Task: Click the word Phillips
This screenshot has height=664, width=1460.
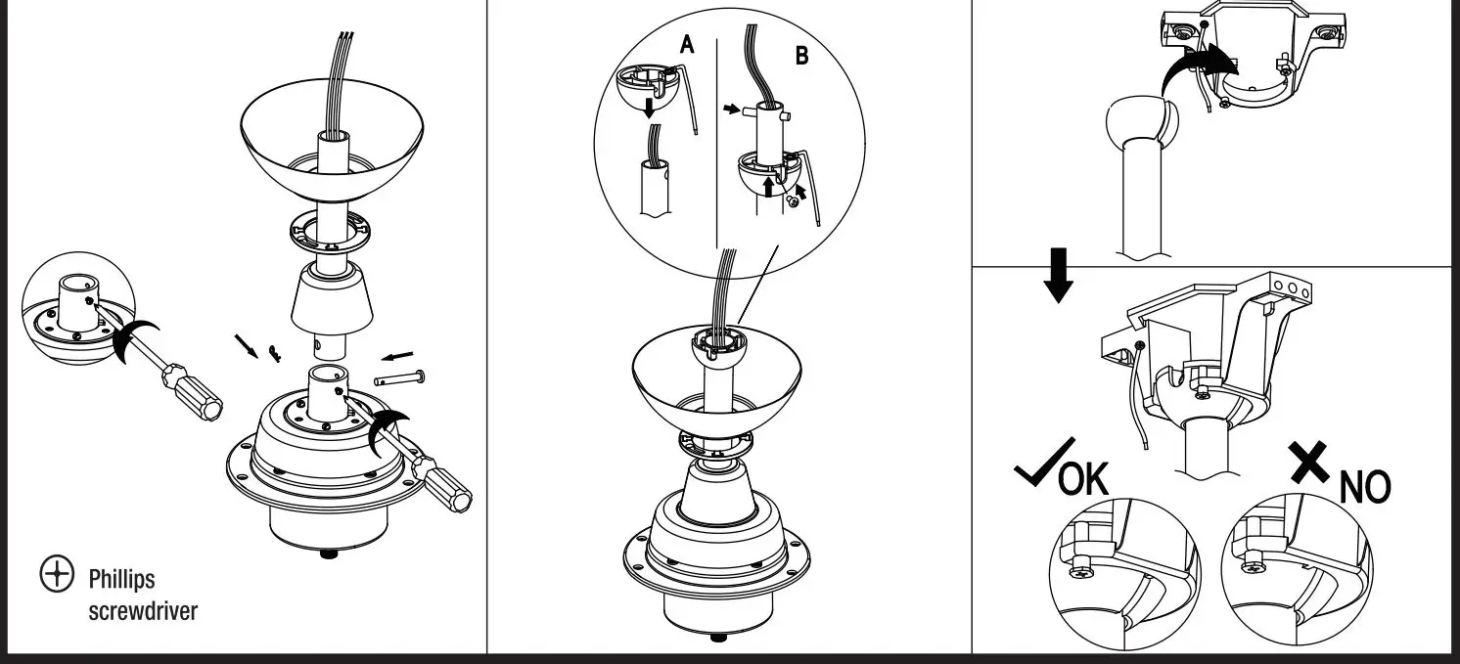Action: (121, 580)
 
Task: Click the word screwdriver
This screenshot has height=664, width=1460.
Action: (143, 611)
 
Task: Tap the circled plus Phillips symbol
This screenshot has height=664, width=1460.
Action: (57, 575)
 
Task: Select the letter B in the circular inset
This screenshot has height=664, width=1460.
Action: (802, 55)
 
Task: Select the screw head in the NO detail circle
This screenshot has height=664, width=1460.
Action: (1254, 564)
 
